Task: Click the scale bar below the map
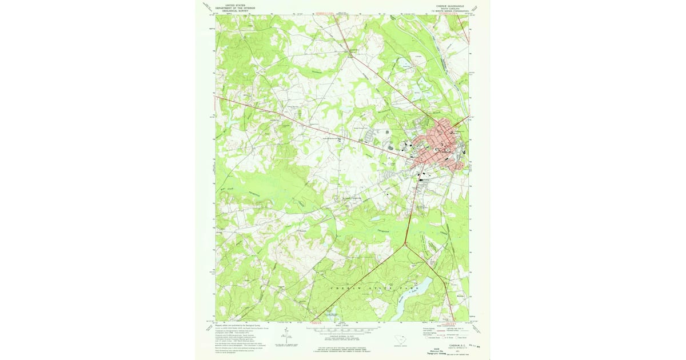tap(342, 330)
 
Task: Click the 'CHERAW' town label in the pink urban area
tap(444, 150)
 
